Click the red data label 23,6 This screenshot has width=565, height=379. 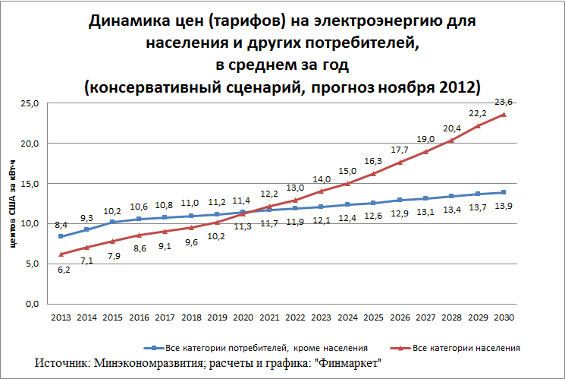(x=504, y=102)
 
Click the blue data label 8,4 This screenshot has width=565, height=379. (x=60, y=224)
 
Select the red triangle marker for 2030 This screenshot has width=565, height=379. (x=504, y=115)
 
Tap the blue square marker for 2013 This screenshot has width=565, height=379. (x=60, y=236)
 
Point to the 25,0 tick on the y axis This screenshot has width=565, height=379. (x=30, y=103)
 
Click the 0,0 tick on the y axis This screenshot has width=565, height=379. (x=32, y=304)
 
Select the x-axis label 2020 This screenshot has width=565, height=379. (x=243, y=317)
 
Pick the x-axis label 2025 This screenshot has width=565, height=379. (x=373, y=317)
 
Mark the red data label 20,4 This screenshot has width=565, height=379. (x=451, y=128)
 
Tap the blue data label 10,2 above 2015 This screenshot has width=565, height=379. (x=112, y=210)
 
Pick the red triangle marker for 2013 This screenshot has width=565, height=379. (x=60, y=254)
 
